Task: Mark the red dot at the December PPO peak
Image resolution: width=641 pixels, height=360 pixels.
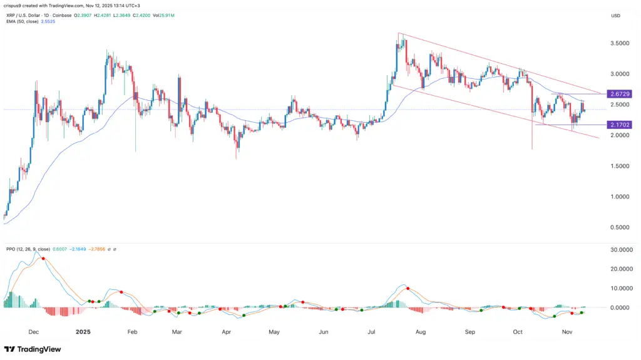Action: point(43,259)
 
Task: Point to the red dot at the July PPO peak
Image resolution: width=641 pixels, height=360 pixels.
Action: point(408,289)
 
